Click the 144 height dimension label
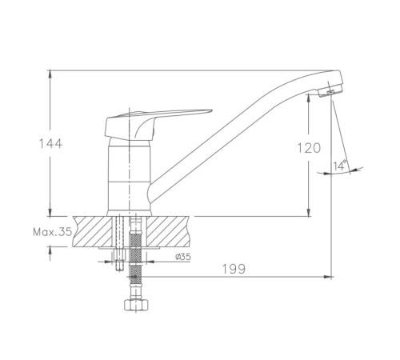click(x=50, y=143)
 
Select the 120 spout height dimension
click(x=309, y=148)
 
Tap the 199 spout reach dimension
click(x=234, y=269)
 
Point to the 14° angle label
click(x=340, y=166)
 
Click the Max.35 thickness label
click(x=53, y=232)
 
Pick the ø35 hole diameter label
click(x=183, y=257)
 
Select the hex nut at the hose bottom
click(x=136, y=305)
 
